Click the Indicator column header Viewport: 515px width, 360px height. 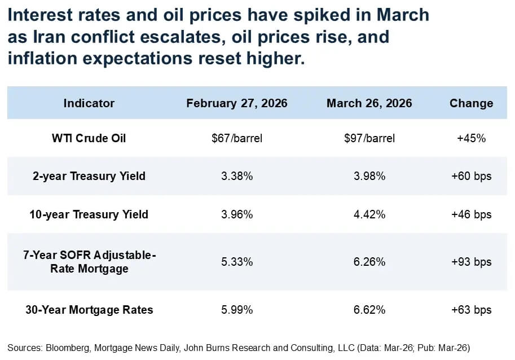pos(89,103)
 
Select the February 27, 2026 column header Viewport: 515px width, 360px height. pos(237,103)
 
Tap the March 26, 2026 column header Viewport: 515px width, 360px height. pos(369,103)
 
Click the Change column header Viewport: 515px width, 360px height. pos(471,103)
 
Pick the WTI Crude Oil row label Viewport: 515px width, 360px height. pos(89,138)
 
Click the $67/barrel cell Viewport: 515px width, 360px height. pos(237,138)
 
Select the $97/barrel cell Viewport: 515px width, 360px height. pos(369,138)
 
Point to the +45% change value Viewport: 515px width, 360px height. pos(471,138)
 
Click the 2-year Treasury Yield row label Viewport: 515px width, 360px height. pos(89,176)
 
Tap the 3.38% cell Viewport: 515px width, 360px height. pos(237,176)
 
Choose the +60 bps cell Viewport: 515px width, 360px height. pos(471,176)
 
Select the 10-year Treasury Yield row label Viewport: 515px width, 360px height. pos(89,214)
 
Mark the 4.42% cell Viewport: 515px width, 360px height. pos(369,214)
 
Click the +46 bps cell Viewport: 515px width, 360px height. pos(471,214)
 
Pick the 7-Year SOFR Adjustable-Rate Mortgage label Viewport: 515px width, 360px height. pos(89,262)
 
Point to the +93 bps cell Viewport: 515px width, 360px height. pos(471,262)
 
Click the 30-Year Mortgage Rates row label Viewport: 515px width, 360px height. pos(89,310)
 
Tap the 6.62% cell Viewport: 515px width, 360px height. pos(369,310)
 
